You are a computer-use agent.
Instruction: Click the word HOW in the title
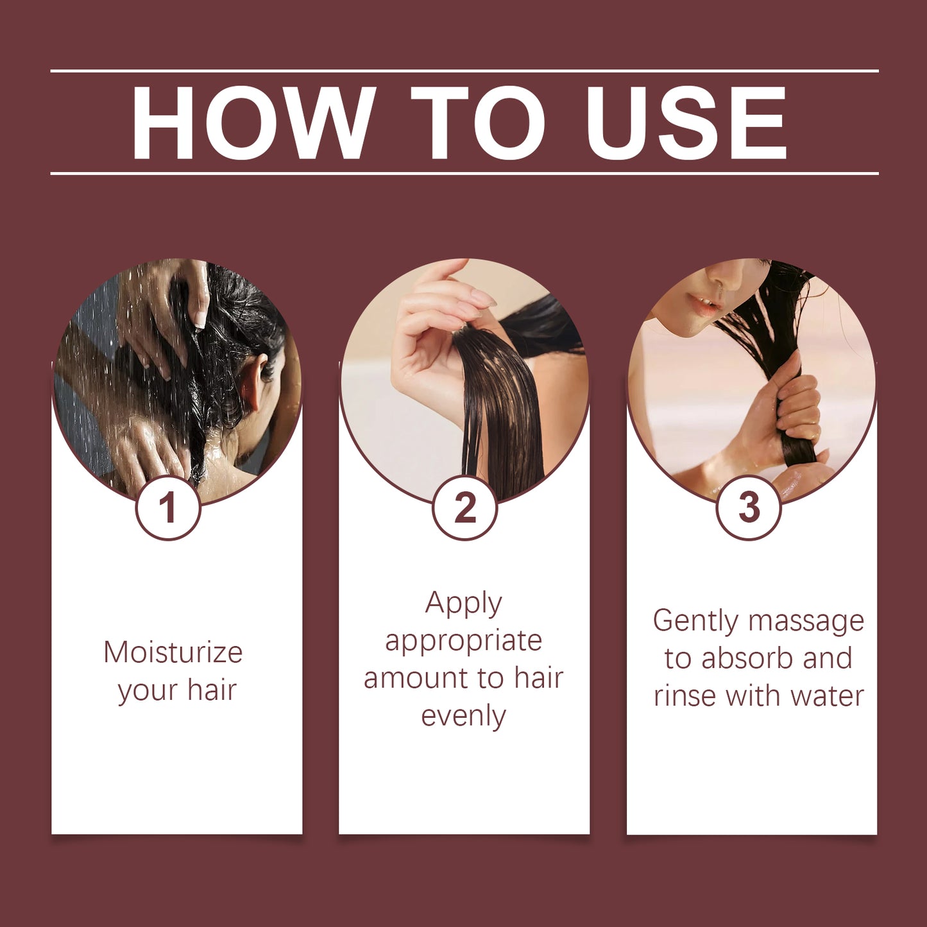[253, 122]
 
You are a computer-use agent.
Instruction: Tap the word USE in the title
[686, 122]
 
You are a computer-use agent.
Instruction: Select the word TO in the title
[478, 122]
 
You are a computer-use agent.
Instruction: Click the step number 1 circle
[168, 507]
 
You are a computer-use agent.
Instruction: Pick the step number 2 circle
[464, 507]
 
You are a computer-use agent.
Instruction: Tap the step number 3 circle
[748, 507]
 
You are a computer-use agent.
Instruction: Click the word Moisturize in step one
[173, 652]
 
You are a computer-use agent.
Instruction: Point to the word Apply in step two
[463, 604]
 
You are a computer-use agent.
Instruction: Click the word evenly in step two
[463, 716]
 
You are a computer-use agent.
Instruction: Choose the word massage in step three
[806, 621]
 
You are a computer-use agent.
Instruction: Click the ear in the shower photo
[251, 385]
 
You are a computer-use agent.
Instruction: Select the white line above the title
[464, 71]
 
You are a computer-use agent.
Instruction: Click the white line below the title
[464, 173]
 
